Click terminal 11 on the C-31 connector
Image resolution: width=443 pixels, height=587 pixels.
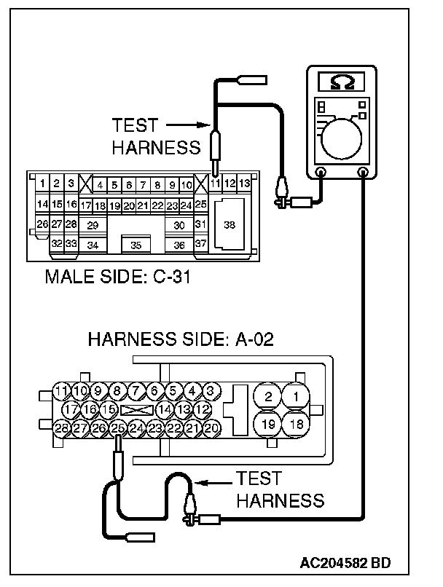215,184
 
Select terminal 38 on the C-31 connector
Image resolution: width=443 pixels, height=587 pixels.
230,224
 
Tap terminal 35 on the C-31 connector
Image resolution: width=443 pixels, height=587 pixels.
136,245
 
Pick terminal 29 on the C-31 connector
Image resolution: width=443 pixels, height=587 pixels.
93,225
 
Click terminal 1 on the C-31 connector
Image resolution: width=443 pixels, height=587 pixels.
42,184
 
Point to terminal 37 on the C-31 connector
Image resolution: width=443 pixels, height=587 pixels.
200,243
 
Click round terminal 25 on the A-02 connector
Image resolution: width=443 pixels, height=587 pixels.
117,428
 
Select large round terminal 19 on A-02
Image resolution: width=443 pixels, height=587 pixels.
267,424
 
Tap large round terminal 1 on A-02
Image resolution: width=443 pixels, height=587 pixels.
296,396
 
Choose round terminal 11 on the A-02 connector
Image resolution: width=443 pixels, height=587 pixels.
61,391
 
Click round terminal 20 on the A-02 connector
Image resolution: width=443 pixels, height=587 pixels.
211,428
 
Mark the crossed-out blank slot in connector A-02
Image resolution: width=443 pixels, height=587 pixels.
137,410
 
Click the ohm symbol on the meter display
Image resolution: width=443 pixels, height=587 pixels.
342,82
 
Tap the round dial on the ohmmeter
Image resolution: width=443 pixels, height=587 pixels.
341,138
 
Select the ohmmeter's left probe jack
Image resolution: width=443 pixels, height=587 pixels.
321,172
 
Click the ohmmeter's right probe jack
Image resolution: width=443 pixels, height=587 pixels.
363,172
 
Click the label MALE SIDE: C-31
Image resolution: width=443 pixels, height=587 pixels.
117,277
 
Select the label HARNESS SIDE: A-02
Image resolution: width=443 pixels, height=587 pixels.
181,339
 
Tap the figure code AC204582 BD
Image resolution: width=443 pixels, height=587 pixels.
345,563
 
